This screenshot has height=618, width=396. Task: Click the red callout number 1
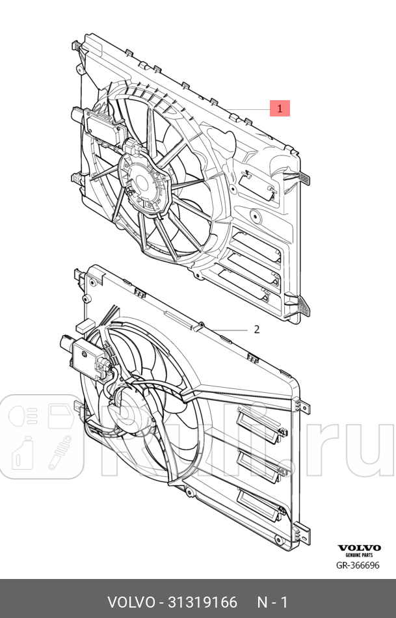click(280, 109)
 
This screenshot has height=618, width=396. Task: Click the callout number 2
click(256, 329)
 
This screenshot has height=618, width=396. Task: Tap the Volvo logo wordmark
click(359, 548)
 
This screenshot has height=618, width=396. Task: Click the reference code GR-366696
click(358, 565)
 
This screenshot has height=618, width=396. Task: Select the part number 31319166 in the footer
click(203, 602)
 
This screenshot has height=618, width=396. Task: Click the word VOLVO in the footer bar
click(131, 602)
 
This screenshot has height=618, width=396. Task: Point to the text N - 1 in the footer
click(272, 602)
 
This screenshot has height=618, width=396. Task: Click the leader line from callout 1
click(248, 109)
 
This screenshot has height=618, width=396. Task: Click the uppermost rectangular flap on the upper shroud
click(256, 185)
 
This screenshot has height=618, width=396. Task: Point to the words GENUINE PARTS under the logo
click(359, 555)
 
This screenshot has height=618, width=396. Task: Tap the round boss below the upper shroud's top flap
click(256, 215)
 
